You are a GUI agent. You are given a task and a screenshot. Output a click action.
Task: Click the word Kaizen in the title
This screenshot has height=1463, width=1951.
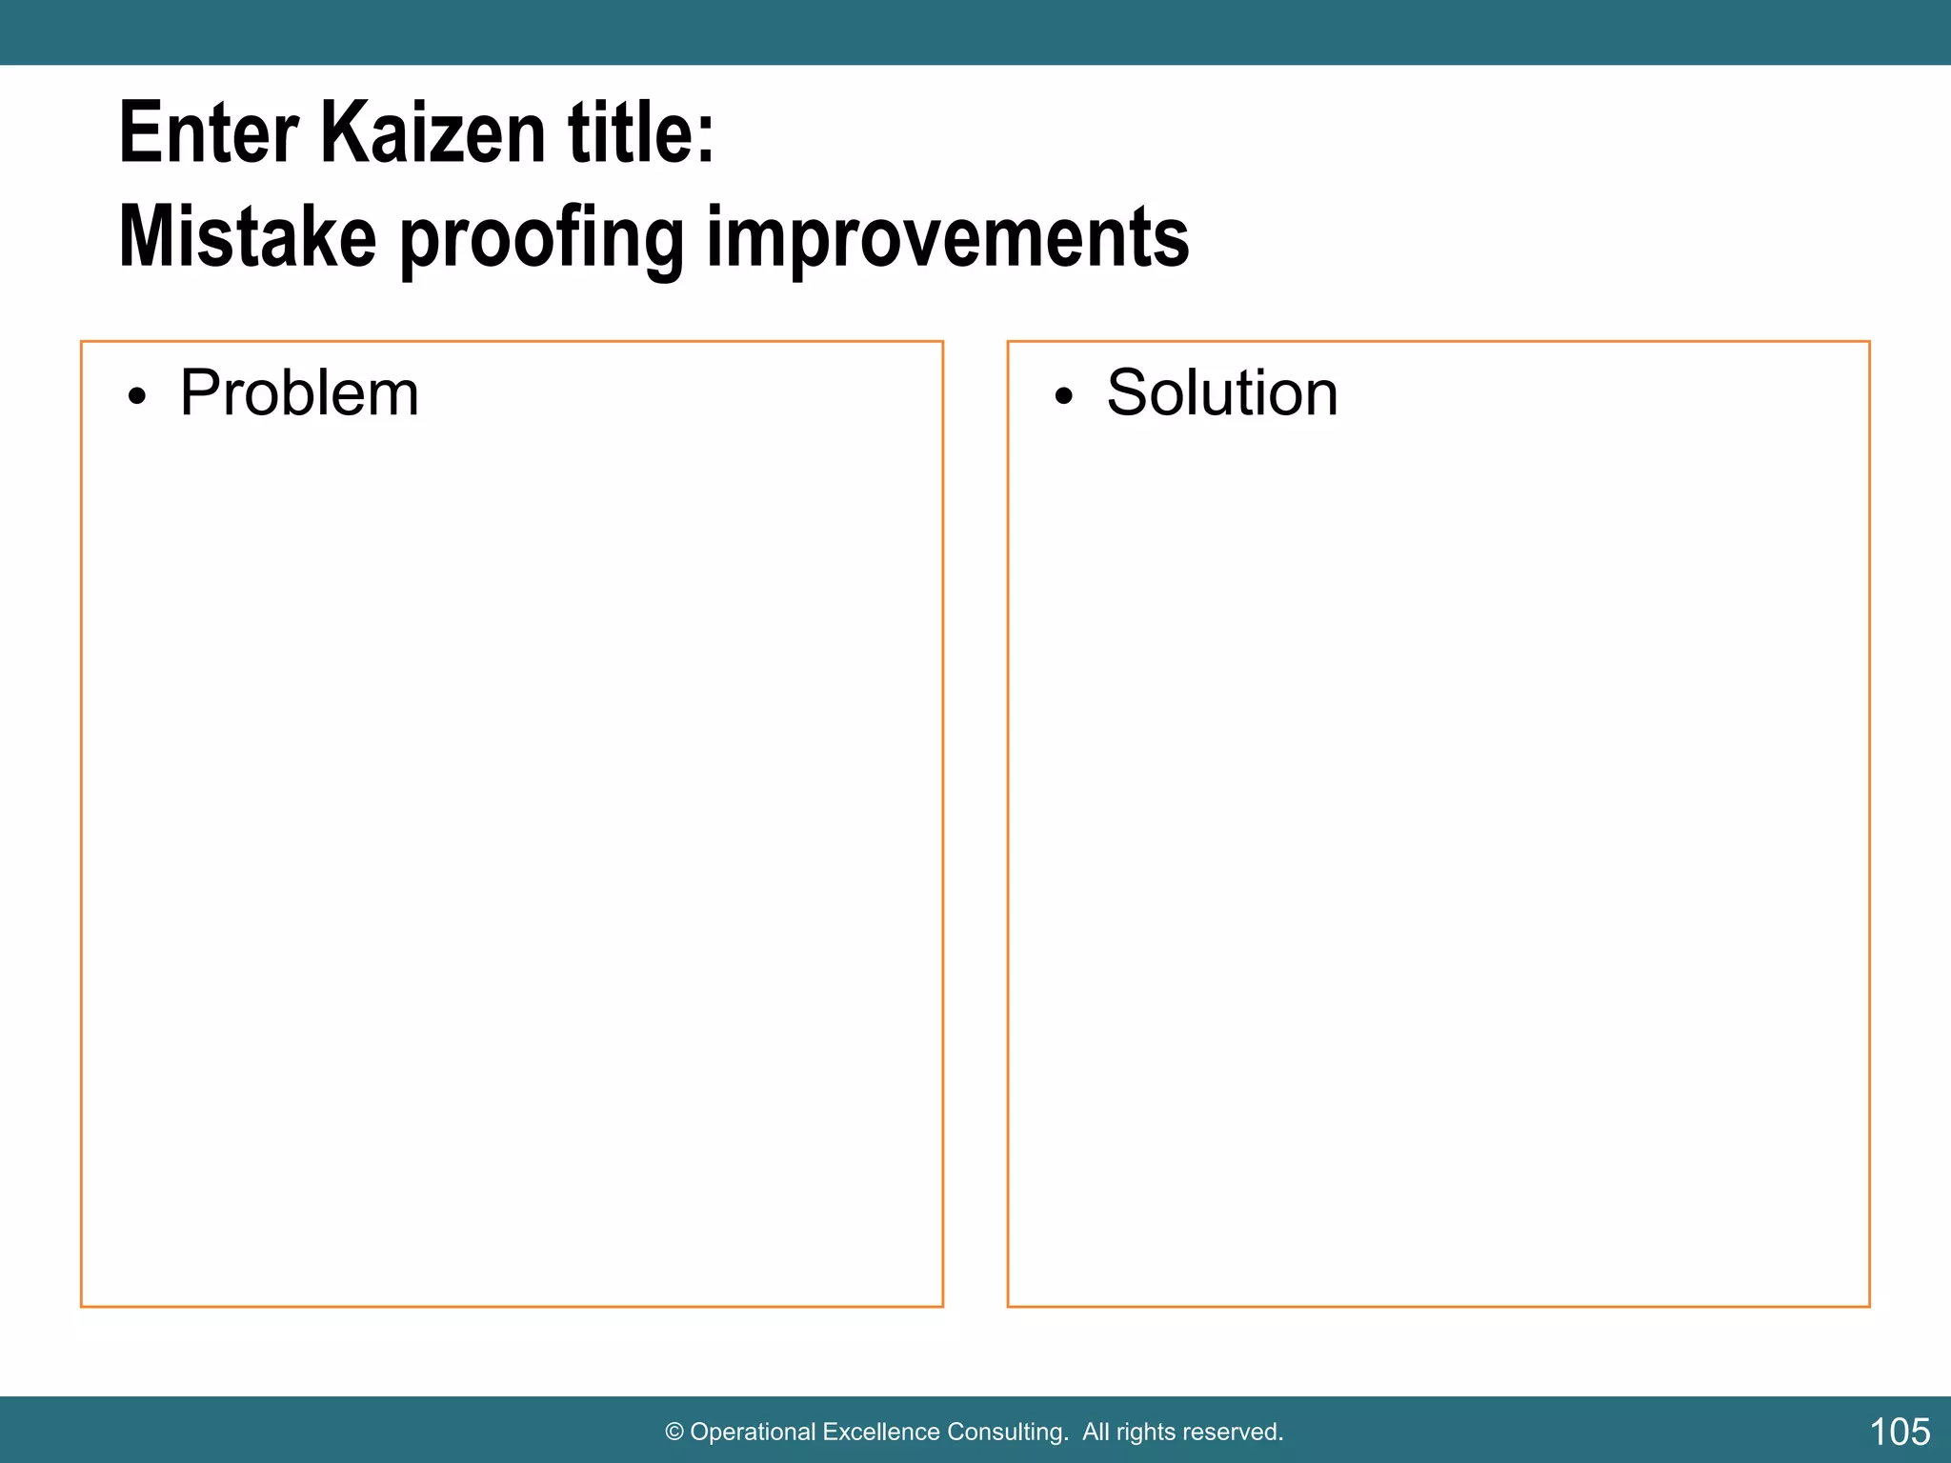click(x=432, y=134)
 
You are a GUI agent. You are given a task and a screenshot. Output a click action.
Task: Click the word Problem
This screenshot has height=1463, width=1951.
click(x=299, y=393)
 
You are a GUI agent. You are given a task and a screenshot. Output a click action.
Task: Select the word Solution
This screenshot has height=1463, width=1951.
click(x=1222, y=393)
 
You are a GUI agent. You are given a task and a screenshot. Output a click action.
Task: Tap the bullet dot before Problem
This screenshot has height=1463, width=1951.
click(x=138, y=397)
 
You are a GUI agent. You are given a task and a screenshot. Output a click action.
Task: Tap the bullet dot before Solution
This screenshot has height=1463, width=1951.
click(x=1064, y=397)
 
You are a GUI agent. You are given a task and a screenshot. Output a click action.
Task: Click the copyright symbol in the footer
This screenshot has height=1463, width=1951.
click(x=674, y=1433)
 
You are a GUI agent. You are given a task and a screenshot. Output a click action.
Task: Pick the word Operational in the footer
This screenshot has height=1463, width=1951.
click(x=753, y=1433)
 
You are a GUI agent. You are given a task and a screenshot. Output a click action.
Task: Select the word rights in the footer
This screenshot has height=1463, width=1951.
click(x=1146, y=1433)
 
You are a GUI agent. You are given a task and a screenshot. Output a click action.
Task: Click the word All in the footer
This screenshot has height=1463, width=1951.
click(x=1096, y=1433)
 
